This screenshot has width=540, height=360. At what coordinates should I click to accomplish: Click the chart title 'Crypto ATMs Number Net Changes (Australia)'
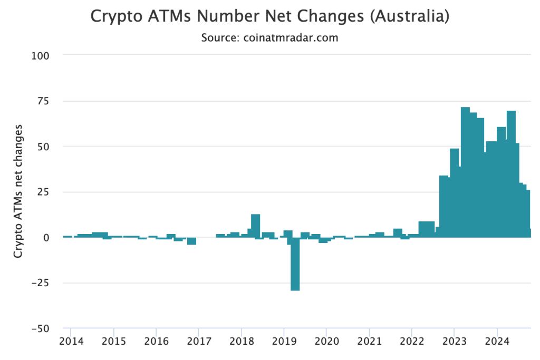(x=269, y=16)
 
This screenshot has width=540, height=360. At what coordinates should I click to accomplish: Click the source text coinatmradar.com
(x=269, y=38)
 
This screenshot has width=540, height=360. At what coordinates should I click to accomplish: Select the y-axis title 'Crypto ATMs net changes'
(x=18, y=191)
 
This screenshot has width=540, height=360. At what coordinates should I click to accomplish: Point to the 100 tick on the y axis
(x=41, y=55)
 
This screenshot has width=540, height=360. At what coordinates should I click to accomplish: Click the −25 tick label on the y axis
(x=41, y=283)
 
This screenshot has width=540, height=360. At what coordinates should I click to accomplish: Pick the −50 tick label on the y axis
(x=41, y=328)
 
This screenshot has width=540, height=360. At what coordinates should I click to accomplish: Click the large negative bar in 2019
(x=295, y=264)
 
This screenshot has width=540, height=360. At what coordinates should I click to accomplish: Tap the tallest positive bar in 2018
(x=256, y=226)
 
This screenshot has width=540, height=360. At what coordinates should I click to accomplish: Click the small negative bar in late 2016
(x=191, y=241)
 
